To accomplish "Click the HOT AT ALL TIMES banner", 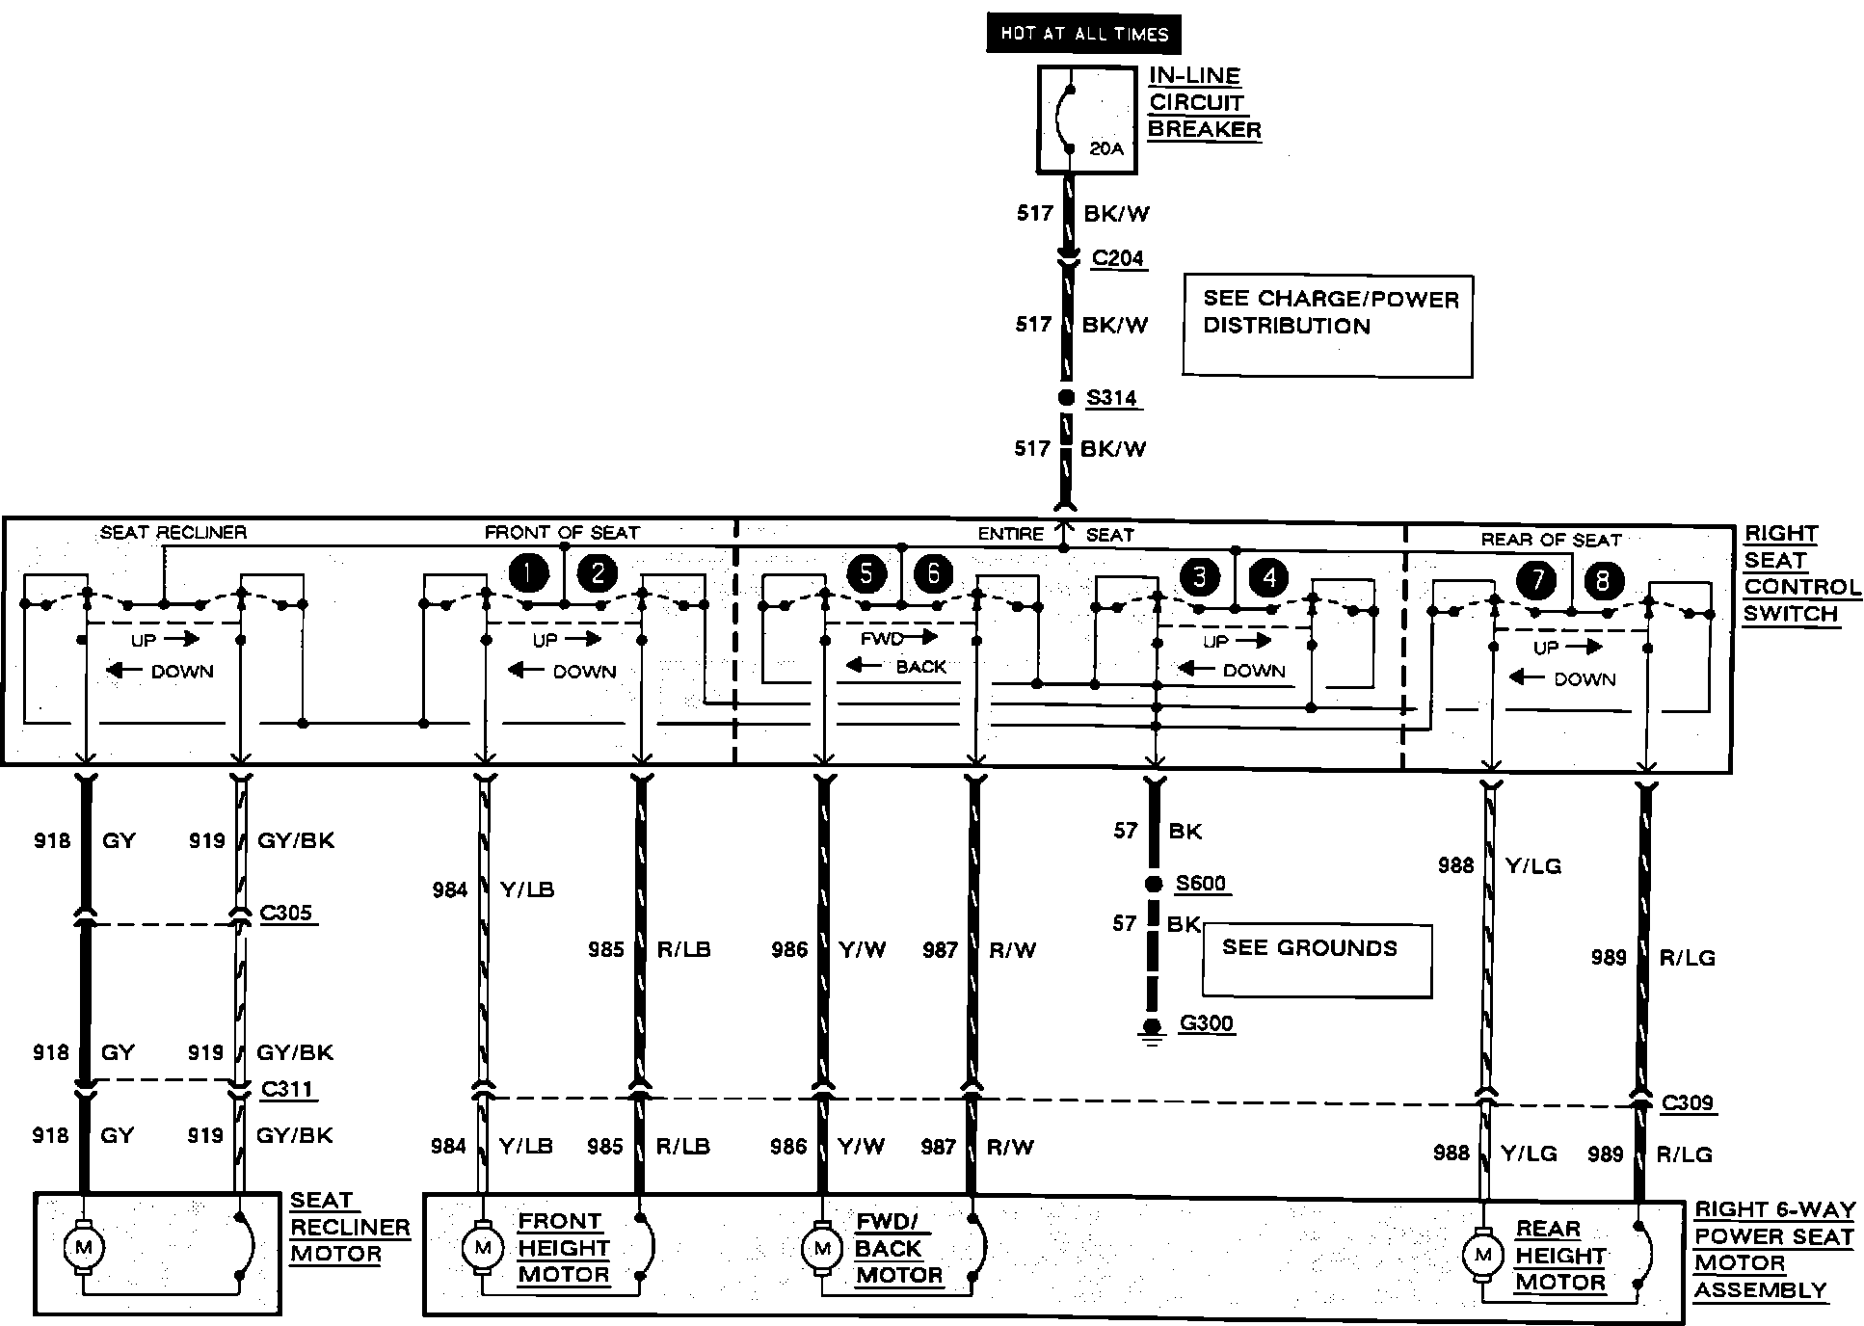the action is (1083, 34).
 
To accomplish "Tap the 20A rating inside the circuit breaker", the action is (1106, 148).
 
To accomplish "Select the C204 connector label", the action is (1118, 258).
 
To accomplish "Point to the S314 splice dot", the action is (1066, 397).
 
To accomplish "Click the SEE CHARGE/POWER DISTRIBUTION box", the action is (1327, 325).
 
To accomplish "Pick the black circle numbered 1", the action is (528, 573).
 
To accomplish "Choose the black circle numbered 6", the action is (933, 574).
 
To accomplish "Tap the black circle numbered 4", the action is (1268, 577).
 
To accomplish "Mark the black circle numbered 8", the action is (1603, 580).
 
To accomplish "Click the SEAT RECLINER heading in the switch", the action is (173, 532).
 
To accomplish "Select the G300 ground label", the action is (1207, 1023).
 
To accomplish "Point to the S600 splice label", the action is (1201, 884).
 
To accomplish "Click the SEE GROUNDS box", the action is (1317, 960).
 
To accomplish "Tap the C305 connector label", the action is (286, 913).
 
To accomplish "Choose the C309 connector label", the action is (1688, 1102).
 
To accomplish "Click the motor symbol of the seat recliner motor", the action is (83, 1248).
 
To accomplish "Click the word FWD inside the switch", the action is (882, 639).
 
